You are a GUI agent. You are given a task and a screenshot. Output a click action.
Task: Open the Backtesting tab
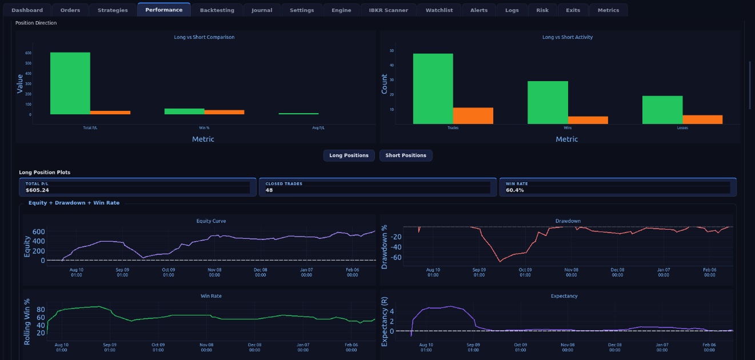coord(217,10)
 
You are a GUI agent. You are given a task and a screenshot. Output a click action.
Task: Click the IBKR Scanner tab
coord(388,10)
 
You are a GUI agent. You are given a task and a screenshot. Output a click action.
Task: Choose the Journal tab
coord(262,10)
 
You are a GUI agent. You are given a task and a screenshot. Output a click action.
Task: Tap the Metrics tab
coord(608,10)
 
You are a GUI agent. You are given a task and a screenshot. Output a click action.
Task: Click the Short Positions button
coord(406,155)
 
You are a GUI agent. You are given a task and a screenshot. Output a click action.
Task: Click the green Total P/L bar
coord(70,83)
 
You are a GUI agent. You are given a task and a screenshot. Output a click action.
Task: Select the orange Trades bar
coord(473,115)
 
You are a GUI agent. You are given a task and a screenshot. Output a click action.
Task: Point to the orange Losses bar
coord(702,119)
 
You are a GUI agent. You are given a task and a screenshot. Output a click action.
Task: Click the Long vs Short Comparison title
coord(204,37)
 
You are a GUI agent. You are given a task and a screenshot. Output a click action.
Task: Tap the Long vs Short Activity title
coord(567,37)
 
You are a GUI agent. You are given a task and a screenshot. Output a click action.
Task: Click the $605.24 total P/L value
coord(37,190)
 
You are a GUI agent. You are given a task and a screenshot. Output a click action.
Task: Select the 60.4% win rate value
coord(514,190)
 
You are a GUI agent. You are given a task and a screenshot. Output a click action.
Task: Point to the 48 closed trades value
coord(269,190)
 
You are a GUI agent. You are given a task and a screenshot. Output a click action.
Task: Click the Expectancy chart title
coord(564,296)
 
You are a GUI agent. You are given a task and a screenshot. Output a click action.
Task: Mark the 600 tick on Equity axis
coord(39,231)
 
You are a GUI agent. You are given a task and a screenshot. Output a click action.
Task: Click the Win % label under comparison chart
coord(204,128)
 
